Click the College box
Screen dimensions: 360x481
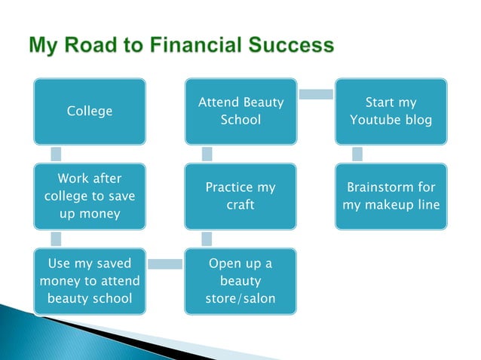[90, 111]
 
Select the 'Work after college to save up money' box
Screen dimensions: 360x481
[90, 197]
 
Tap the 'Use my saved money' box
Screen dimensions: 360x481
[90, 281]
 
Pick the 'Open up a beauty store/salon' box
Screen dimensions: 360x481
[240, 281]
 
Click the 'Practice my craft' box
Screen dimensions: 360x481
[240, 197]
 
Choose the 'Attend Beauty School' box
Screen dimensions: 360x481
[240, 111]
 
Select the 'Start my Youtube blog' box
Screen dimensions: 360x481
[391, 111]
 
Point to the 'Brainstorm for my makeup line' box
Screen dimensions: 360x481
[391, 197]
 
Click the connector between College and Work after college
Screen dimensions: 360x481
[56, 154]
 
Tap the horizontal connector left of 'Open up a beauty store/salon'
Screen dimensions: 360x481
[165, 264]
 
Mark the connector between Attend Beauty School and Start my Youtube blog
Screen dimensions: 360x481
[316, 94]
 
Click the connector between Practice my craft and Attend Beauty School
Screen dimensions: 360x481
[207, 154]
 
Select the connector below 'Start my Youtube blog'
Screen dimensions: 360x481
[357, 154]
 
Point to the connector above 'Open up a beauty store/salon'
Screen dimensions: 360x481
[207, 239]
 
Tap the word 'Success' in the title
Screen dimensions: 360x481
[290, 46]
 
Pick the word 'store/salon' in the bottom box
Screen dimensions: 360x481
[240, 299]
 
